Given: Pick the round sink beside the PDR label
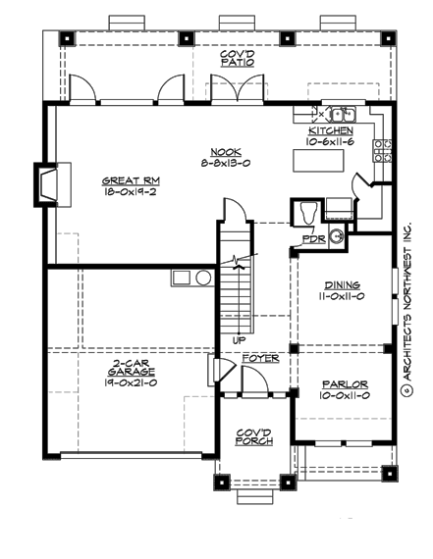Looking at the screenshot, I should [336, 234].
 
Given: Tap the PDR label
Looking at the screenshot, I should [314, 238].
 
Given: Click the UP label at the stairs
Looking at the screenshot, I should [239, 340].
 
